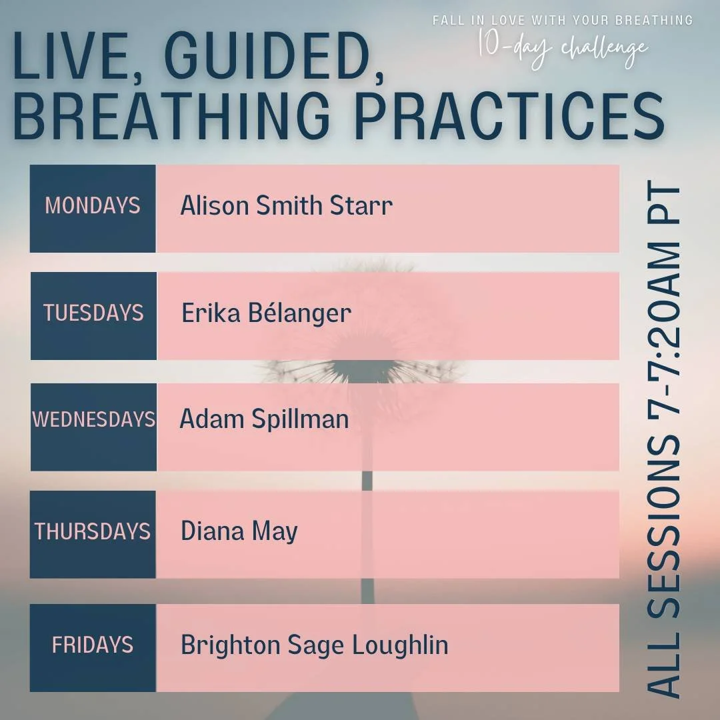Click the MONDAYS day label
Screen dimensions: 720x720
[x=93, y=205]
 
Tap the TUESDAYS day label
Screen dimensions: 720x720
[x=93, y=313]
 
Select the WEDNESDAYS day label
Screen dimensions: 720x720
[x=93, y=419]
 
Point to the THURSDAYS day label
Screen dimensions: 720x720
[x=93, y=531]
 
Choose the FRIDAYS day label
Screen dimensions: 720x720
[x=93, y=645]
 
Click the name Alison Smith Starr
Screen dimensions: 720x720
[x=286, y=205]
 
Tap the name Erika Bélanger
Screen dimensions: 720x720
[x=266, y=313]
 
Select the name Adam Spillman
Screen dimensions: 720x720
[x=264, y=419]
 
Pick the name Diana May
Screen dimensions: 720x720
[x=239, y=531]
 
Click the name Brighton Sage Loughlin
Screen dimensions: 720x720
[x=314, y=645]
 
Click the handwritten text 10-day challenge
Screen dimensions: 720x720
[x=563, y=48]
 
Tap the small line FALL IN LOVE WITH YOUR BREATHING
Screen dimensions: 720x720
[x=563, y=20]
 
